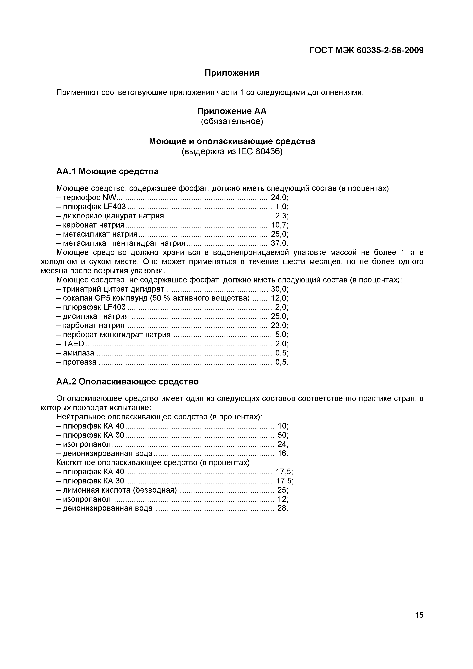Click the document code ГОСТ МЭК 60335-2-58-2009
point(366,50)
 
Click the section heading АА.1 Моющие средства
point(107,171)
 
